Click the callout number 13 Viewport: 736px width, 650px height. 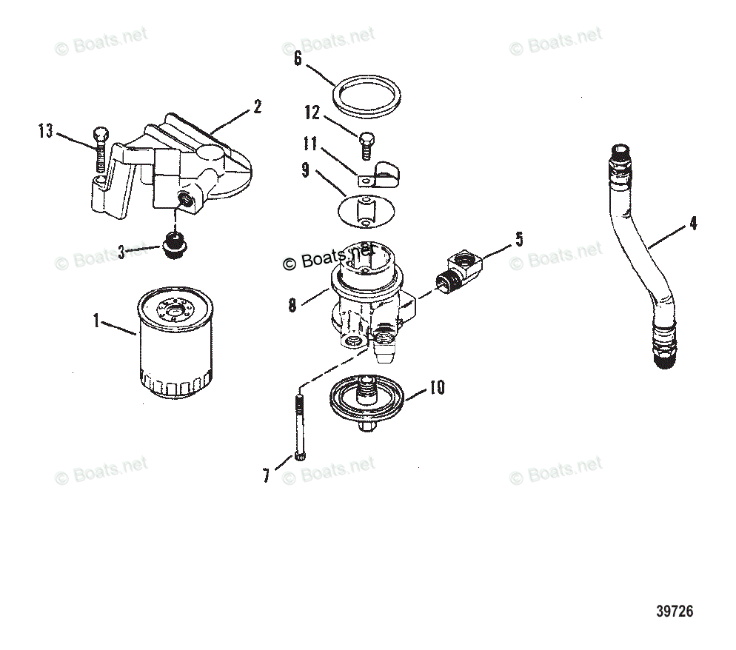(x=46, y=132)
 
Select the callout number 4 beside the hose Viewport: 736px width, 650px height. (x=692, y=223)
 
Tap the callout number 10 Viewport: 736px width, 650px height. (x=437, y=387)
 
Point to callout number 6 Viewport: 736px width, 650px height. (x=298, y=58)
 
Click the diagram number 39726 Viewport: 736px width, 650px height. (x=674, y=612)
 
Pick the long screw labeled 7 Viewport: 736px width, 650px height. (x=298, y=430)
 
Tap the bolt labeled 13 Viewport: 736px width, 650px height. (x=101, y=148)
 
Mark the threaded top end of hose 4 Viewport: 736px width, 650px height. (x=620, y=158)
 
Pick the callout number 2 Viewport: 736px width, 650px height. (x=257, y=107)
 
